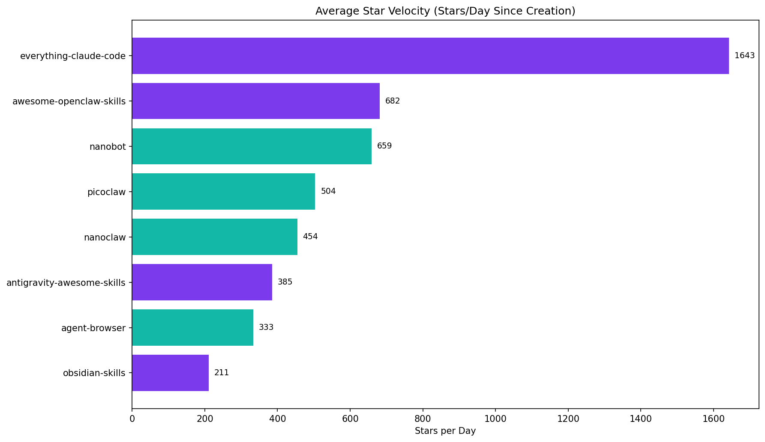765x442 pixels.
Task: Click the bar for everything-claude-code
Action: click(x=430, y=56)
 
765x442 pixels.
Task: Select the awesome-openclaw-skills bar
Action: click(x=256, y=101)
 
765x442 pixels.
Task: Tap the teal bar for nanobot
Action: click(x=252, y=146)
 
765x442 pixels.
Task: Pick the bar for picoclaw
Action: click(x=223, y=192)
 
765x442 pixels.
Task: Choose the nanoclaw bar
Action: click(x=214, y=237)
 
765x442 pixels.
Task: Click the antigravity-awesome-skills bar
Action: click(x=202, y=282)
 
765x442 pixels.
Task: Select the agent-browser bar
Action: click(x=192, y=327)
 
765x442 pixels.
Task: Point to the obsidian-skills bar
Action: click(x=170, y=373)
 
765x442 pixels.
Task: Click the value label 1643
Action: click(x=744, y=56)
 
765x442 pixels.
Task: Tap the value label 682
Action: click(x=393, y=101)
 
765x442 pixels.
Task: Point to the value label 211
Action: click(x=222, y=373)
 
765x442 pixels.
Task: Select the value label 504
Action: click(x=328, y=191)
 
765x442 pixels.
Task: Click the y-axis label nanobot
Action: click(x=108, y=147)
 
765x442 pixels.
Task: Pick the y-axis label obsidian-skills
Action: click(x=94, y=373)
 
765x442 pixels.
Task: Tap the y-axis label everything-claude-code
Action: click(x=73, y=56)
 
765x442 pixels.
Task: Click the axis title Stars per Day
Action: click(x=445, y=431)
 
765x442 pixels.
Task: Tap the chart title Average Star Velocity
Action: click(x=445, y=11)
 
